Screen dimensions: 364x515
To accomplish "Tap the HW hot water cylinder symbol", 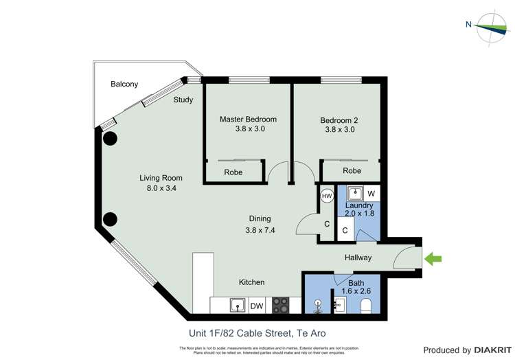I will click(x=327, y=196).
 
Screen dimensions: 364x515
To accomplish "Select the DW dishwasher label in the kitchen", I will click(x=257, y=306).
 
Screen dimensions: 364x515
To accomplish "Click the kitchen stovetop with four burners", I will click(x=280, y=305).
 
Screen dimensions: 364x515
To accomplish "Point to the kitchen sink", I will click(x=237, y=305).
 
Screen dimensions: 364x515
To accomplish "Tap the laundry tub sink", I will click(x=356, y=194).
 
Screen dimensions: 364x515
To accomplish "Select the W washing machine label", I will click(x=371, y=194).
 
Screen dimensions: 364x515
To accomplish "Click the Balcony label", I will click(x=124, y=84).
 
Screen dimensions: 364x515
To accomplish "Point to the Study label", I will click(x=183, y=100).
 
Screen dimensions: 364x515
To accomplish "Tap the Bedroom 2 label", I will click(x=339, y=120).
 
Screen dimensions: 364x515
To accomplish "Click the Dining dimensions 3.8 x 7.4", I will click(x=260, y=230).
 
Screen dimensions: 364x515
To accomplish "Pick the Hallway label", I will click(x=358, y=258).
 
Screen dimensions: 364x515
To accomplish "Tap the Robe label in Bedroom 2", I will click(x=352, y=170).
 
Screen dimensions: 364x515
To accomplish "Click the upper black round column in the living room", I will click(x=110, y=138).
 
